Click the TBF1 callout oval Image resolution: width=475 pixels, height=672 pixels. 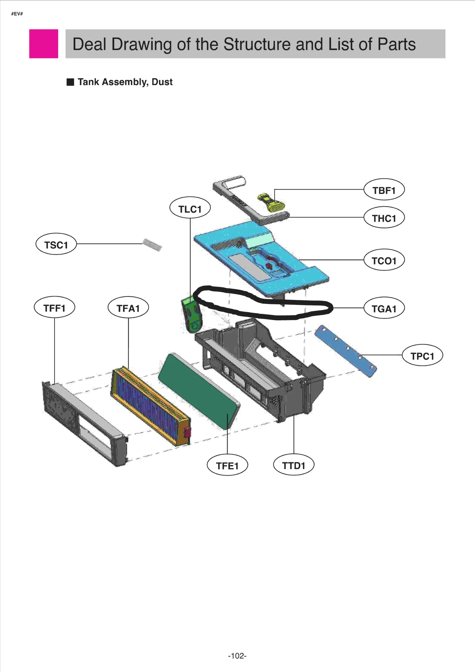[384, 190]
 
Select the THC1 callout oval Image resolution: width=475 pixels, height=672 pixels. [384, 218]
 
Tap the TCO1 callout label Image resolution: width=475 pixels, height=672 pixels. [384, 260]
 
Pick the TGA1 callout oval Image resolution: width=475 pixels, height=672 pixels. [384, 309]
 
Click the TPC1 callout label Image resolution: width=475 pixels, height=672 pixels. [422, 356]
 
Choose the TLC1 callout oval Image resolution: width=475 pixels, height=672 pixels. [190, 209]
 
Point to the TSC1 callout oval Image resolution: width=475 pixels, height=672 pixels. [56, 245]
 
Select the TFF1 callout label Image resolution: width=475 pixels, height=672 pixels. [54, 308]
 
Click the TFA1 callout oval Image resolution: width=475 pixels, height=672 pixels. [128, 308]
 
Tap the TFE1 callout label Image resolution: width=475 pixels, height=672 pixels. [227, 466]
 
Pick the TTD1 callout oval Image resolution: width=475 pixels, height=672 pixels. [294, 465]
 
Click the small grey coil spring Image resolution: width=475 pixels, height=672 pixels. [152, 245]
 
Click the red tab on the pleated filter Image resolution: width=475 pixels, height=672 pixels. [187, 433]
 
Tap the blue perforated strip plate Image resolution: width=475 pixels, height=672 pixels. [345, 351]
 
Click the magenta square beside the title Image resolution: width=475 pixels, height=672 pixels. [44, 44]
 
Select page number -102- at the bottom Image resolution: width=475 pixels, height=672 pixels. [237, 655]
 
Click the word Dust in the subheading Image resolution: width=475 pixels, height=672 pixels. [162, 82]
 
